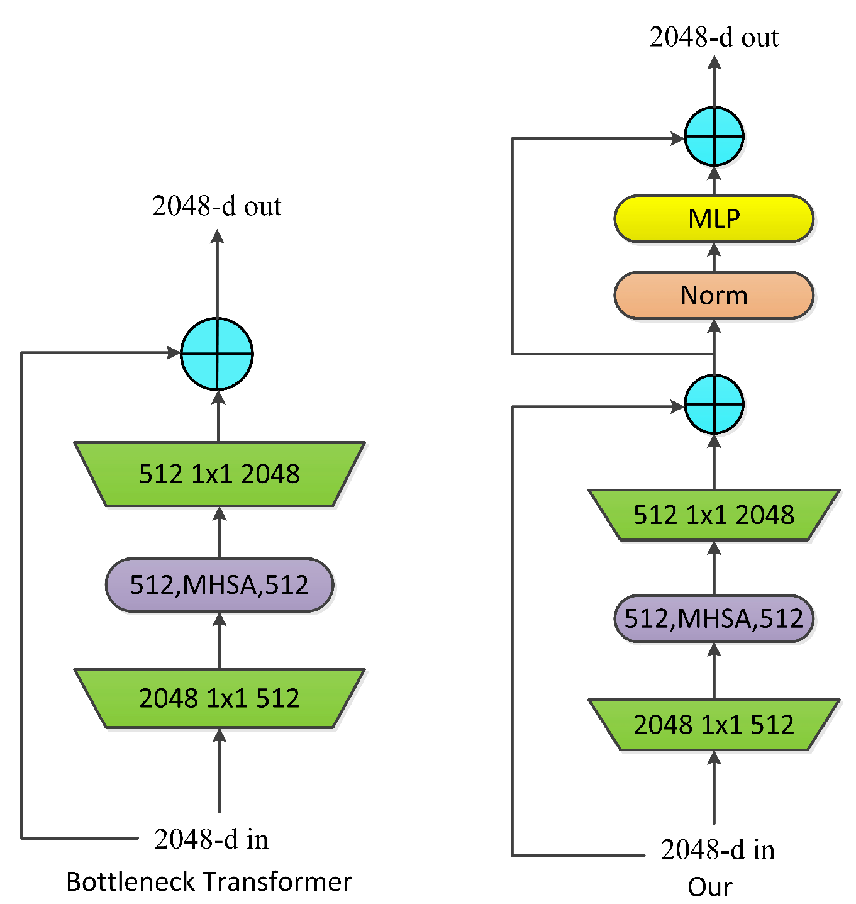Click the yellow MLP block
[713, 219]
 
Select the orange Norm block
[713, 295]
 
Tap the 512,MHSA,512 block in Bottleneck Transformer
[219, 585]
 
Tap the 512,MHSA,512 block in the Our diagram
[713, 618]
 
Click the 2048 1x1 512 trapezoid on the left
[219, 698]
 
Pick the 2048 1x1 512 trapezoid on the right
[713, 725]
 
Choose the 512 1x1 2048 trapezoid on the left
[219, 474]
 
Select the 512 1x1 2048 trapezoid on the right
[713, 515]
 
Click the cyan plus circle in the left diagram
[217, 354]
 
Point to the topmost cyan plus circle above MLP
[714, 137]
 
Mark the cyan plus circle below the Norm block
[714, 405]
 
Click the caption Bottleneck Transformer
[209, 882]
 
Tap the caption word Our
[710, 887]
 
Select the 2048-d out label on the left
[217, 206]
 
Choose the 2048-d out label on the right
[714, 38]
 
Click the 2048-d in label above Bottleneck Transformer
[211, 839]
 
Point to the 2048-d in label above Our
[718, 850]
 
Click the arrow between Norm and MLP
[714, 257]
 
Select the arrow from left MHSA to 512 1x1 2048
[219, 532]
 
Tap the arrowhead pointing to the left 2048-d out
[217, 237]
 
